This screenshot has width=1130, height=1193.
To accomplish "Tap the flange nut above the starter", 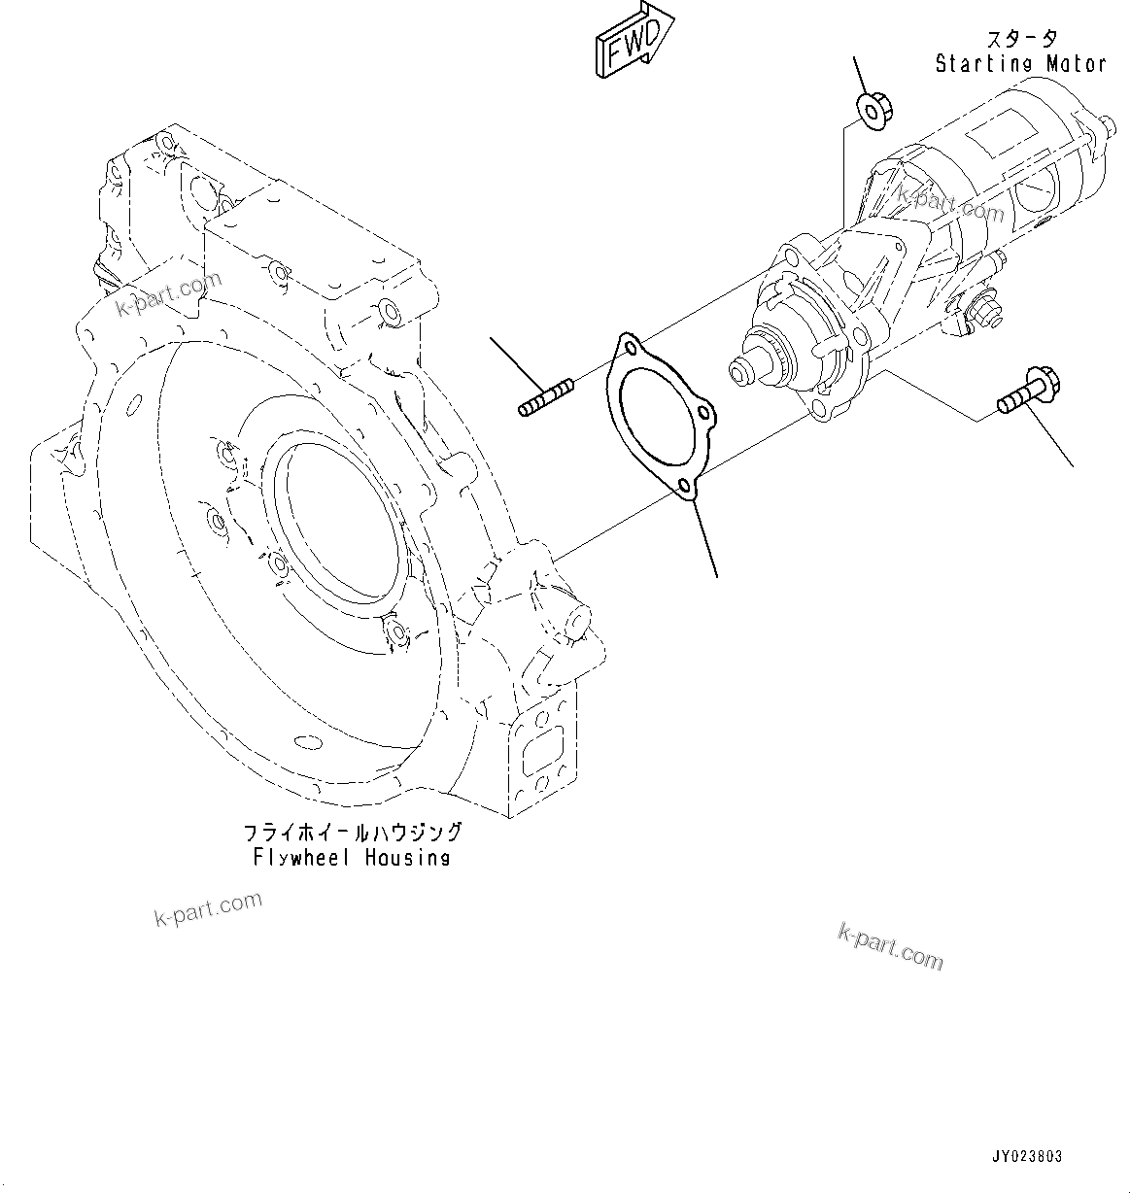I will point(871,110).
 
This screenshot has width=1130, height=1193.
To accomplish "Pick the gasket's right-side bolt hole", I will point(710,420).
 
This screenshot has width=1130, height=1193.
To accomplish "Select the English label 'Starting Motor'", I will point(1019,64).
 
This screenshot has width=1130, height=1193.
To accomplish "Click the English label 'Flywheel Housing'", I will point(351,857).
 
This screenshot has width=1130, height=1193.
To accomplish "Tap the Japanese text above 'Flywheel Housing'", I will point(351,833).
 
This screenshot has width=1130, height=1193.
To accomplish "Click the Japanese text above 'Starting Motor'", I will point(1021,39).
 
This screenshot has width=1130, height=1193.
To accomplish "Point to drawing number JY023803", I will point(1027,1156).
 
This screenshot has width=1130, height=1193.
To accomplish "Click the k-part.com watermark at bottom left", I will point(208,909).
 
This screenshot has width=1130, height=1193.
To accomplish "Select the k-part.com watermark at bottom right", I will point(889,945).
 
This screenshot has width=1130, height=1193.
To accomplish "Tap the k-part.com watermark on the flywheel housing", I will point(169,293).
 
